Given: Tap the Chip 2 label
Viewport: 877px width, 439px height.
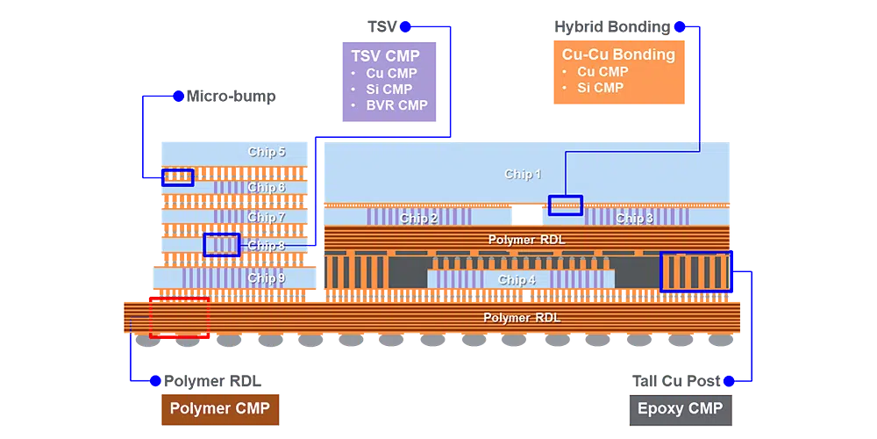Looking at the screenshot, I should (419, 218).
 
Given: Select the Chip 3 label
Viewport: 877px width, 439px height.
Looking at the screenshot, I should (634, 218).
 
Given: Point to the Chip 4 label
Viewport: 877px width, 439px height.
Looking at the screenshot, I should (517, 280).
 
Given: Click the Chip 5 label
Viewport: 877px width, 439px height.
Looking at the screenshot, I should (267, 152).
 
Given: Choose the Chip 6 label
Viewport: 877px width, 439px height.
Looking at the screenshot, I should (267, 187).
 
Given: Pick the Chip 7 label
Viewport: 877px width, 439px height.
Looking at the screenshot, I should (267, 217).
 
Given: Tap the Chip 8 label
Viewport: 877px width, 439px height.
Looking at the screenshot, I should (267, 246).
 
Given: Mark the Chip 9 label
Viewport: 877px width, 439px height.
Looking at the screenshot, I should (267, 277).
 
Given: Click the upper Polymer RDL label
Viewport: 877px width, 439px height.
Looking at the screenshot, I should (524, 239).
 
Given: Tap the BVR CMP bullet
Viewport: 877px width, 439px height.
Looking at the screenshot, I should (396, 105).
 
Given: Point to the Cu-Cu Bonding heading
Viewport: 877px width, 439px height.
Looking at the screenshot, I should (618, 54).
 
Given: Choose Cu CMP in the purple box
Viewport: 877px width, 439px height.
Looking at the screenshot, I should (391, 73).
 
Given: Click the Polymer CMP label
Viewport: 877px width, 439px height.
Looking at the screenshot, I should (219, 408).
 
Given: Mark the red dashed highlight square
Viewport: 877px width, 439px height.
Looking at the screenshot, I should (179, 317).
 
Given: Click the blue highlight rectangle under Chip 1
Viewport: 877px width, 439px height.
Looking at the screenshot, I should (565, 205).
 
